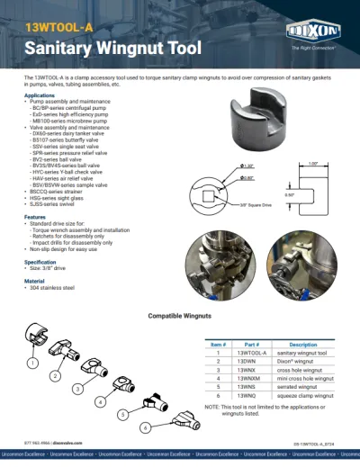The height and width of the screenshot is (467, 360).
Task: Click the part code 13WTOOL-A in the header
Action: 59,27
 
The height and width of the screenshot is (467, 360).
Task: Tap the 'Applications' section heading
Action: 39,94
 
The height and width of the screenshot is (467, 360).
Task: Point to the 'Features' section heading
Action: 35,217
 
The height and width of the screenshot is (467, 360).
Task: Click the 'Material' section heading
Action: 34,281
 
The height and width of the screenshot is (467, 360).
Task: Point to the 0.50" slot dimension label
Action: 289,193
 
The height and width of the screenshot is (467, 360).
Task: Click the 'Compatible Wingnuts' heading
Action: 179,317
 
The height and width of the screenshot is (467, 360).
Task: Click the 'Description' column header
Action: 303,345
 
